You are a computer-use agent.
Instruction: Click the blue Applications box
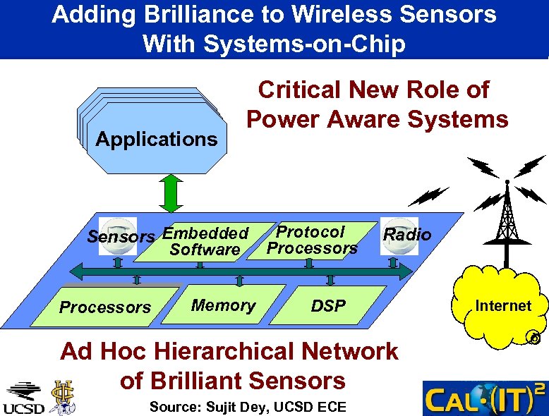[157, 138]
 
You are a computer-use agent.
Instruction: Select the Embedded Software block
[205, 241]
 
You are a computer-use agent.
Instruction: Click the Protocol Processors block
[313, 240]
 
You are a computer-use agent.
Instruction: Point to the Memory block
[223, 305]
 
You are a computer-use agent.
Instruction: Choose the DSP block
[329, 305]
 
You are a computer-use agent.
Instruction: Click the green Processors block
[105, 307]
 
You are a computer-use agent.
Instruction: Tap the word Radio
[406, 235]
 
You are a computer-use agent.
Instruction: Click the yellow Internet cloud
[502, 306]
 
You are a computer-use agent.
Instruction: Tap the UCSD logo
[24, 398]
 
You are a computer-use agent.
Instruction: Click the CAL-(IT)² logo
[485, 398]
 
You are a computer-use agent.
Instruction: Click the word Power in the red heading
[279, 119]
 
